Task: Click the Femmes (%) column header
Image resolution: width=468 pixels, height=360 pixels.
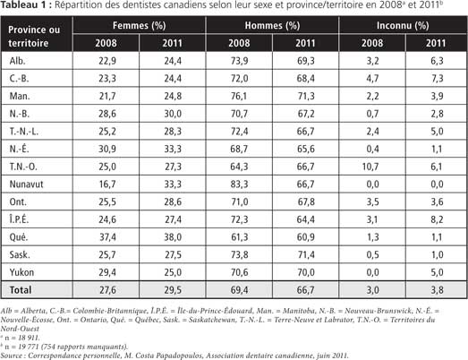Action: pyautogui.click(x=139, y=25)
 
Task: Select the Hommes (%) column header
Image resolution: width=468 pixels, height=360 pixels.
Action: pyautogui.click(x=272, y=25)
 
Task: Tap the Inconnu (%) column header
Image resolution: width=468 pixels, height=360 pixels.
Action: pyautogui.click(x=403, y=25)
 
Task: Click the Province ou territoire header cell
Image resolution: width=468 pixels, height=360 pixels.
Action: pyautogui.click(x=34, y=36)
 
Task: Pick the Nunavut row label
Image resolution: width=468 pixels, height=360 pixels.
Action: pyautogui.click(x=26, y=184)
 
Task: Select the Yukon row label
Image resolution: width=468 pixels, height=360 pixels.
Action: pyautogui.click(x=21, y=272)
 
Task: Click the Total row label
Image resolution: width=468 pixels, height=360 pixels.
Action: pyautogui.click(x=21, y=290)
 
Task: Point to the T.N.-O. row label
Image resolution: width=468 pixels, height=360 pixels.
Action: pyautogui.click(x=23, y=167)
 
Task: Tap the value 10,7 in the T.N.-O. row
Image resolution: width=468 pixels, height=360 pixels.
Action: pyautogui.click(x=370, y=167)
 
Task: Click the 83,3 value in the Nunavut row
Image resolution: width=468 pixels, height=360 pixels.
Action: pyautogui.click(x=239, y=184)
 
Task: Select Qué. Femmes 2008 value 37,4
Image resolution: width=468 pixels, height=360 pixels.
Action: pyautogui.click(x=107, y=237)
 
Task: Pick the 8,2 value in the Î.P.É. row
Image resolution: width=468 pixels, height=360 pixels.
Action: pyautogui.click(x=437, y=219)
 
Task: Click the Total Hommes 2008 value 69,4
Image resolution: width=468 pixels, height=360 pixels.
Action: pyautogui.click(x=239, y=290)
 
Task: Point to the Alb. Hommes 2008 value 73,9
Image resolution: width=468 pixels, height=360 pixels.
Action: pyautogui.click(x=239, y=61)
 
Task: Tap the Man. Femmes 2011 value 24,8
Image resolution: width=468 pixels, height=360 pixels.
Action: pyautogui.click(x=173, y=96)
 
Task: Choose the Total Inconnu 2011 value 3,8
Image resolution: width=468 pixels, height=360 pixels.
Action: pyautogui.click(x=437, y=290)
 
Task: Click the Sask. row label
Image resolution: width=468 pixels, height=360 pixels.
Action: pyautogui.click(x=20, y=254)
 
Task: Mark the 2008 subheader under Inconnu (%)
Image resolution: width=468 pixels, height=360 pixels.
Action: pyautogui.click(x=372, y=43)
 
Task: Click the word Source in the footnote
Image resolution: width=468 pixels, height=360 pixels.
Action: pyautogui.click(x=12, y=356)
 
